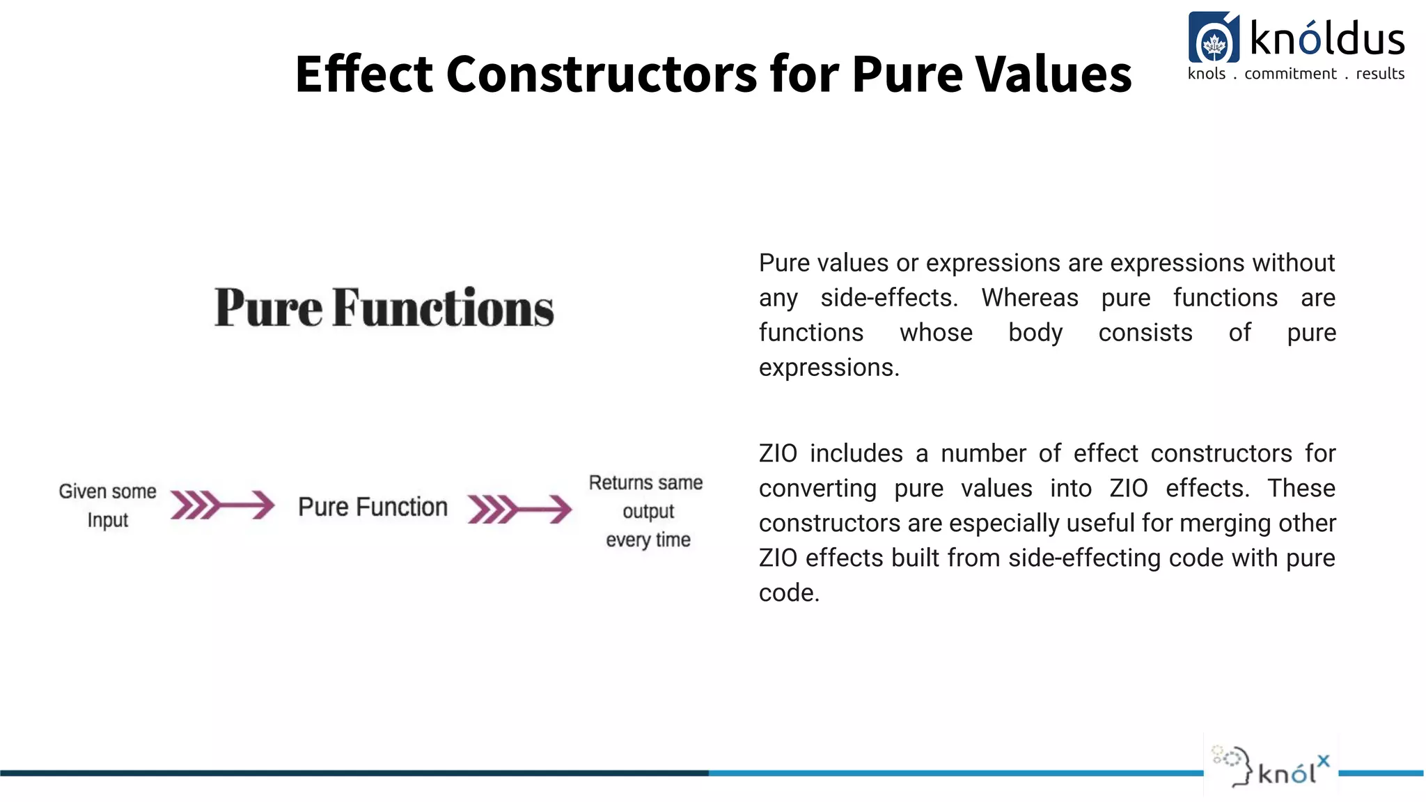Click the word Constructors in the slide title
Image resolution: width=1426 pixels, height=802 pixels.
click(601, 74)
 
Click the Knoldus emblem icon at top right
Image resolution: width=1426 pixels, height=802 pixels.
click(1214, 38)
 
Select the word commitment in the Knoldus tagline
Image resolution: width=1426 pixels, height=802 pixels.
click(1290, 74)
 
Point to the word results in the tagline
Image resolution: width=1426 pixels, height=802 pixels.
click(1380, 74)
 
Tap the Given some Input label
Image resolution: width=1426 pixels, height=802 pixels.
click(108, 505)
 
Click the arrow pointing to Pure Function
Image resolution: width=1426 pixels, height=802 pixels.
click(223, 505)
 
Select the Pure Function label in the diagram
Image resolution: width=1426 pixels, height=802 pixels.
click(373, 507)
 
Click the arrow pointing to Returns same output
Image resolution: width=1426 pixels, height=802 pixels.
click(519, 508)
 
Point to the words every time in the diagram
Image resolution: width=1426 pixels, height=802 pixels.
click(648, 540)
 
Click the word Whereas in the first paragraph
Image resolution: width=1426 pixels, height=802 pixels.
click(1030, 298)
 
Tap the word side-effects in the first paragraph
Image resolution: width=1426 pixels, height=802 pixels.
click(889, 298)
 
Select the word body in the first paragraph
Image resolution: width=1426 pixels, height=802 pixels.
click(1035, 333)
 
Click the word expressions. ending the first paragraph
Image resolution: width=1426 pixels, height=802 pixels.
click(829, 368)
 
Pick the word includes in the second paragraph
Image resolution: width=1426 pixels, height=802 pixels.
click(856, 454)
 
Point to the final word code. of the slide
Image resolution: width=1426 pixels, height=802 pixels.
click(789, 593)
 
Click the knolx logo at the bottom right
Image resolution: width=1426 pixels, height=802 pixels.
click(1271, 766)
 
